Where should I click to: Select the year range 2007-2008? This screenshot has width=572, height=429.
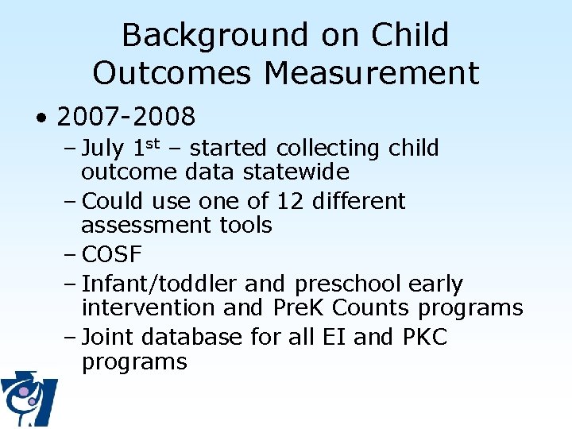pyautogui.click(x=126, y=118)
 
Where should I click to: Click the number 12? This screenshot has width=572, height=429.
pyautogui.click(x=289, y=201)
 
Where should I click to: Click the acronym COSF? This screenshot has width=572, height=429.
pyautogui.click(x=112, y=254)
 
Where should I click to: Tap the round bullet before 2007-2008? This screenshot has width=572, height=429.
pyautogui.click(x=41, y=118)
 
